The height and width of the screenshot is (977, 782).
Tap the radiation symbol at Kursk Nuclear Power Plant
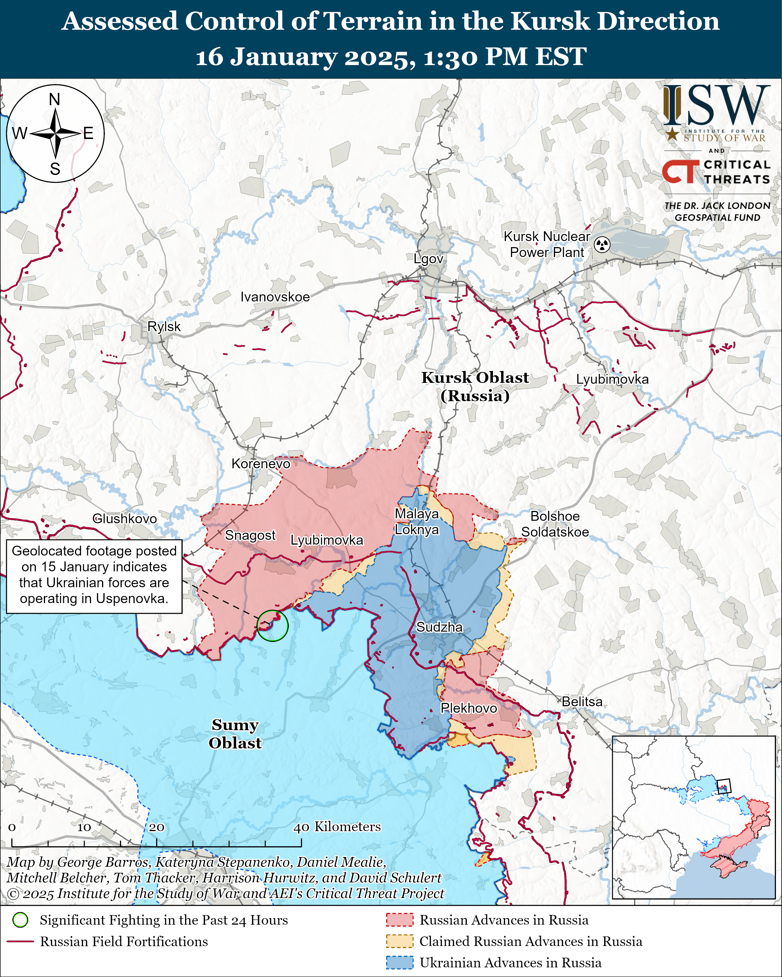coord(602,245)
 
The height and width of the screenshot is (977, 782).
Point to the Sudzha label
coord(439,627)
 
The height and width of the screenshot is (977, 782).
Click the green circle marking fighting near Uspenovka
coord(273,626)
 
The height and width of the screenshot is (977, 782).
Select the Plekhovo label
coord(469,708)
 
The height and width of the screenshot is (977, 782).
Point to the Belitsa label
coord(582,702)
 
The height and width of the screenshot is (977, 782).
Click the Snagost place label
coord(250,535)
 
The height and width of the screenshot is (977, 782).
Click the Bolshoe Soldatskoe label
coord(555,524)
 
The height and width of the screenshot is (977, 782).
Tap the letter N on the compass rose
coord(54,99)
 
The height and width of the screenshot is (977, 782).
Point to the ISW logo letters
coord(716,105)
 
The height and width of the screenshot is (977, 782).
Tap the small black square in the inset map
coord(724,786)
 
